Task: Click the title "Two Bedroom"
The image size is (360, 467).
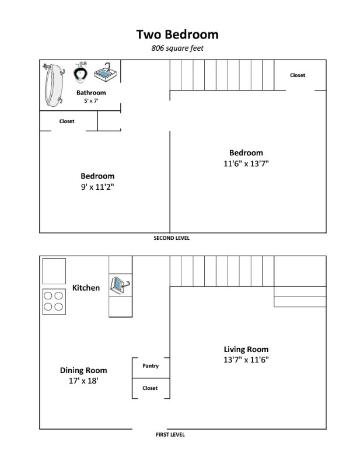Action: pyautogui.click(x=177, y=34)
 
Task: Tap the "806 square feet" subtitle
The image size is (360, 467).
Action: pyautogui.click(x=177, y=48)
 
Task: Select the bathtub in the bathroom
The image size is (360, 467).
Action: pyautogui.click(x=55, y=85)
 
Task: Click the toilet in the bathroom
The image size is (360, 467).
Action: pyautogui.click(x=81, y=73)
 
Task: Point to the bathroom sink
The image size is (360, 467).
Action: pyautogui.click(x=106, y=75)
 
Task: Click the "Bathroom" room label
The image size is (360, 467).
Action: pyautogui.click(x=91, y=92)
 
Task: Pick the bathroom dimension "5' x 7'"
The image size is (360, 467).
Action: pyautogui.click(x=91, y=101)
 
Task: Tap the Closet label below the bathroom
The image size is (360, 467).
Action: pyautogui.click(x=67, y=121)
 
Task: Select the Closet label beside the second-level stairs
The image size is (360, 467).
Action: pyautogui.click(x=298, y=75)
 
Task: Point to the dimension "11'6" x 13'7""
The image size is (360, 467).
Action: pyautogui.click(x=246, y=164)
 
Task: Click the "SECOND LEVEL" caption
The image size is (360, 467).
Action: pyautogui.click(x=172, y=238)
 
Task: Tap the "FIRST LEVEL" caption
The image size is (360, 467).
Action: pyautogui.click(x=170, y=434)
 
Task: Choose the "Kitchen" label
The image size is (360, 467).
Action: pyautogui.click(x=86, y=288)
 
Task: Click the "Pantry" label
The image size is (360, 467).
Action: pyautogui.click(x=151, y=366)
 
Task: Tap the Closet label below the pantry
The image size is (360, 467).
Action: pyautogui.click(x=151, y=388)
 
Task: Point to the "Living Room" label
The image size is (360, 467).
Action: pyautogui.click(x=246, y=350)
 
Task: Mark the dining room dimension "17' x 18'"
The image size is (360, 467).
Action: pyautogui.click(x=83, y=381)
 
